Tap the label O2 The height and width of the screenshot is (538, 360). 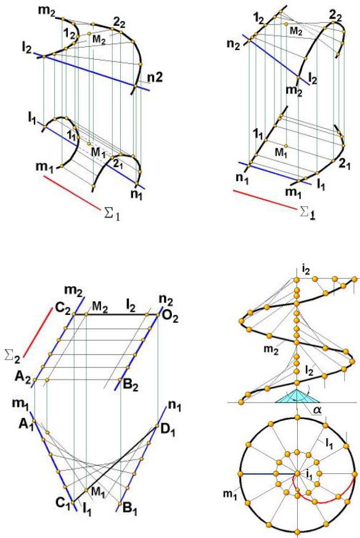[x=170, y=318]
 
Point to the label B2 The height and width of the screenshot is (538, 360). [x=131, y=386]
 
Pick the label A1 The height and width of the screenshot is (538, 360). [x=26, y=425]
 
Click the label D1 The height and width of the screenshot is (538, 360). [x=168, y=430]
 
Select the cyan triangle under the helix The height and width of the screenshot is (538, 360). [x=297, y=397]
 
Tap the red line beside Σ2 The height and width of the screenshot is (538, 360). [x=38, y=332]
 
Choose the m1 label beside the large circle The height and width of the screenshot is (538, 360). [x=230, y=494]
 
